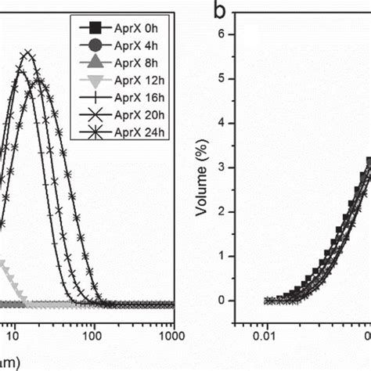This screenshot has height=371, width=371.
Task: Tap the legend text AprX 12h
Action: pyautogui.click(x=137, y=79)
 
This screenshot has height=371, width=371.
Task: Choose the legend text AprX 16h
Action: pyautogui.click(x=137, y=97)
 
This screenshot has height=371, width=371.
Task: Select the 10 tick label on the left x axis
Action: pyautogui.click(x=10, y=337)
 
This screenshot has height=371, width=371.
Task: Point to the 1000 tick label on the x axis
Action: pyautogui.click(x=173, y=337)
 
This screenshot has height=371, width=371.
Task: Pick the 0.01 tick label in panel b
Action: pyautogui.click(x=268, y=337)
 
